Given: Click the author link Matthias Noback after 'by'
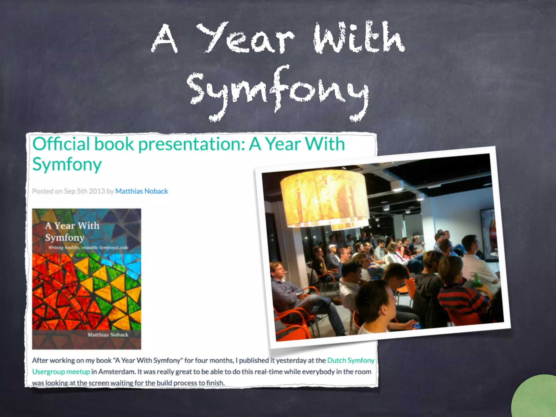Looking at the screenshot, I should click(141, 191).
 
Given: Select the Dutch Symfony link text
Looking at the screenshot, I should click(350, 360).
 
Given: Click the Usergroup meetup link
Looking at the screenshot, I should click(61, 372).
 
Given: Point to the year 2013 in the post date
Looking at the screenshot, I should click(97, 191).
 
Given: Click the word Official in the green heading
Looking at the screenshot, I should click(61, 144).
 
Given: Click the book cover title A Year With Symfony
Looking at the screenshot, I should click(72, 231).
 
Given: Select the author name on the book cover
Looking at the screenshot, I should click(108, 335).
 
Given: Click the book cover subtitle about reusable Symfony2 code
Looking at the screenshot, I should click(88, 248).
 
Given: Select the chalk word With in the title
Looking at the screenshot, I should click(358, 38).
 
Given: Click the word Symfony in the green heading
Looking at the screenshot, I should click(67, 164).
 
